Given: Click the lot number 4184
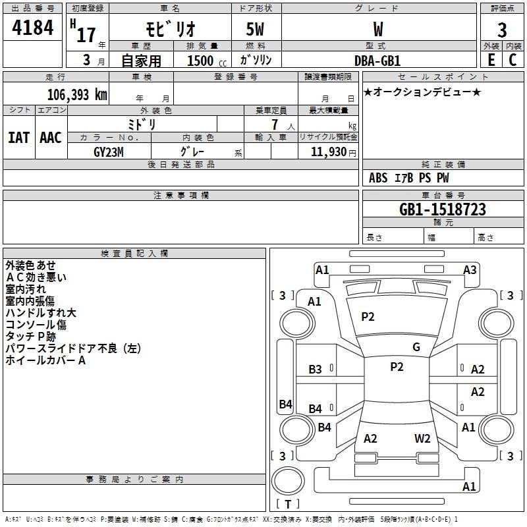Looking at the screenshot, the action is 32,28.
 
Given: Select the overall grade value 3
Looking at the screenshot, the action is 502,30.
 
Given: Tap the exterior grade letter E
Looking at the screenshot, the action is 491,60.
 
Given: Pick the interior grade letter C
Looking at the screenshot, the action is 513,60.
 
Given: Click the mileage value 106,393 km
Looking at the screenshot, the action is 77,95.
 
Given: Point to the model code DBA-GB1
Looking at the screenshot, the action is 377,61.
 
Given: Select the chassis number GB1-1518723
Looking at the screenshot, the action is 443,209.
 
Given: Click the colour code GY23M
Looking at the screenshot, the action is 109,152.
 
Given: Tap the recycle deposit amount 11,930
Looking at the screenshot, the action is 328,152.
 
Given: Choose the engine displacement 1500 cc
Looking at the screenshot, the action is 207,61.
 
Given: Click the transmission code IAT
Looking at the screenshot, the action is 18,138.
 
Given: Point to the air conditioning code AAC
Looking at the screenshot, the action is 51,138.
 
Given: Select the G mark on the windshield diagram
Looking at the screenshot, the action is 416,347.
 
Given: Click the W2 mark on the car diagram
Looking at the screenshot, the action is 422,438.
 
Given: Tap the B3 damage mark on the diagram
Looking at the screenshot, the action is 315,370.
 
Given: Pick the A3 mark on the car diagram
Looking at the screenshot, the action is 470,270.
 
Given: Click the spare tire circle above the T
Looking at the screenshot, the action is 288,481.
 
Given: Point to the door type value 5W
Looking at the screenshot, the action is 255,29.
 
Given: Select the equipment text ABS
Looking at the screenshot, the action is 378,178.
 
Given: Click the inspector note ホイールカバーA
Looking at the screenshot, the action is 45,360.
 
